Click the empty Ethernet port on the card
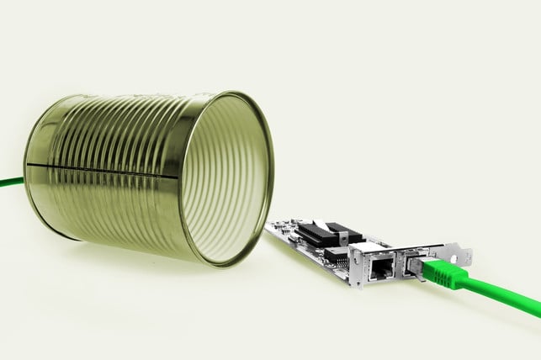[x=382, y=267]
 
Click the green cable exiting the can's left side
[x=10, y=181]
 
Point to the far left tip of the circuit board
[x=268, y=225]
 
